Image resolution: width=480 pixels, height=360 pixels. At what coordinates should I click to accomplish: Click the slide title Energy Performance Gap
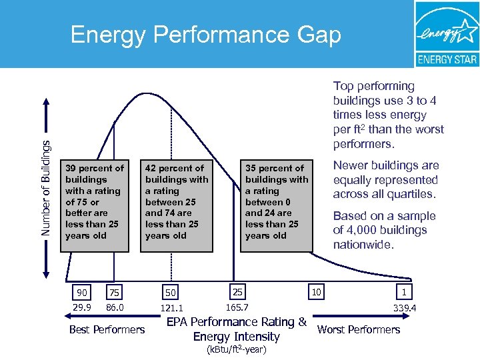[x=205, y=35]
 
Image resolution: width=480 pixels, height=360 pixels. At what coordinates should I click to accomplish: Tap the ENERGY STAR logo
[x=447, y=35]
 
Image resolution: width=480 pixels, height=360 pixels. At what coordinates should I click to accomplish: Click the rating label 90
[x=81, y=292]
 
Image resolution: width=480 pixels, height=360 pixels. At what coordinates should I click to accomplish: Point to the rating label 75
[x=114, y=292]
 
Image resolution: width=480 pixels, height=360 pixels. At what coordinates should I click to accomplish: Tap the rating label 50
[x=171, y=293]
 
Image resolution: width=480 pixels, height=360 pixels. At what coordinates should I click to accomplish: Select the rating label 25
[x=237, y=291]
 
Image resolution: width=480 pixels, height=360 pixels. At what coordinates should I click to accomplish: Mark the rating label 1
[x=404, y=292]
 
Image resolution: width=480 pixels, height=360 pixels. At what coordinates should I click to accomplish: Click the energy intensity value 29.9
[x=81, y=307]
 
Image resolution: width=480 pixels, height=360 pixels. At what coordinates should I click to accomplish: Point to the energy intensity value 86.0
[x=116, y=307]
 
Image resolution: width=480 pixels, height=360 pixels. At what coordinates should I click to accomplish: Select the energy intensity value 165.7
[x=237, y=307]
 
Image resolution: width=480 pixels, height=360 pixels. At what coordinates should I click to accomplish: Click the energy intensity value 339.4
[x=405, y=309]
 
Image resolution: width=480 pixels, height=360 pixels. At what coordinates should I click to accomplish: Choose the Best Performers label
[x=107, y=329]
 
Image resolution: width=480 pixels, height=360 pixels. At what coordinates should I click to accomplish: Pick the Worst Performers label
[x=359, y=329]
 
